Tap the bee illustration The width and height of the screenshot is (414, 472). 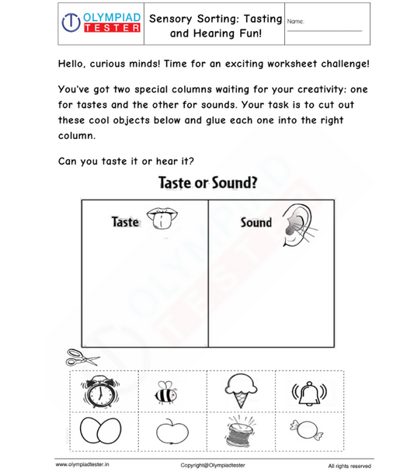click(165, 393)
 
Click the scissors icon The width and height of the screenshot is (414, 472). click(82, 358)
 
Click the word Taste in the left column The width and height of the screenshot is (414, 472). click(124, 222)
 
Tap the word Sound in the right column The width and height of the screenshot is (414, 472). click(256, 223)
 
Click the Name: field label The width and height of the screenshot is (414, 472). click(295, 21)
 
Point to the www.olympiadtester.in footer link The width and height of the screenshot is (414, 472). click(82, 465)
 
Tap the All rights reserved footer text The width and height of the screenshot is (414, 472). click(350, 466)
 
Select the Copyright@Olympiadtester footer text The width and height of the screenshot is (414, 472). click(213, 465)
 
